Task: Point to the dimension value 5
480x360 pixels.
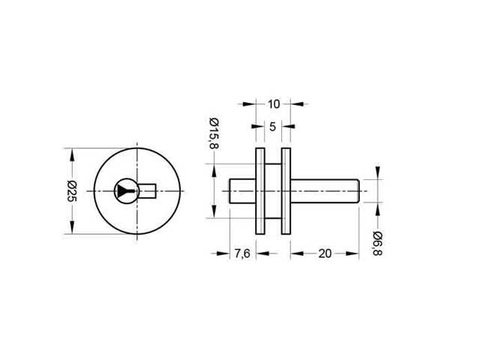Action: (272, 127)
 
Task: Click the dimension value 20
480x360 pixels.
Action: (325, 253)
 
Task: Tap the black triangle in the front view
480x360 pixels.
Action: (124, 192)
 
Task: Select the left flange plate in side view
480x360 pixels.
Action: (259, 192)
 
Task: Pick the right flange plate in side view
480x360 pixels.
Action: (286, 192)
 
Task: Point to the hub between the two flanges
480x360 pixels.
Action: (272, 192)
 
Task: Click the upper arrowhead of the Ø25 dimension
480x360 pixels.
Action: (73, 155)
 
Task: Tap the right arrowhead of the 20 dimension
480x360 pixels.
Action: (355, 253)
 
